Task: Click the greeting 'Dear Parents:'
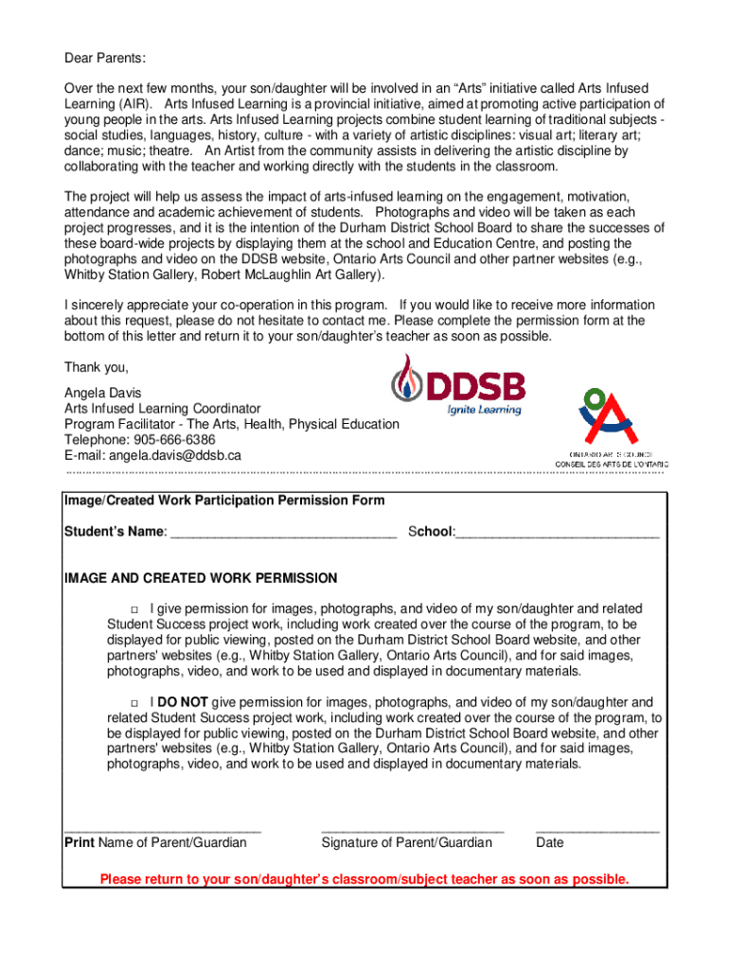coord(105,59)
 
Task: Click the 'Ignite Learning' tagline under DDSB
coord(484,410)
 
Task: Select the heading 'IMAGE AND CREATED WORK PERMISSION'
coord(200,578)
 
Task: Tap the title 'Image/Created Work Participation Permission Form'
coord(223,500)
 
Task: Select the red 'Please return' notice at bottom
coord(364,879)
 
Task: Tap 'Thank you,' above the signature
coord(96,367)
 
